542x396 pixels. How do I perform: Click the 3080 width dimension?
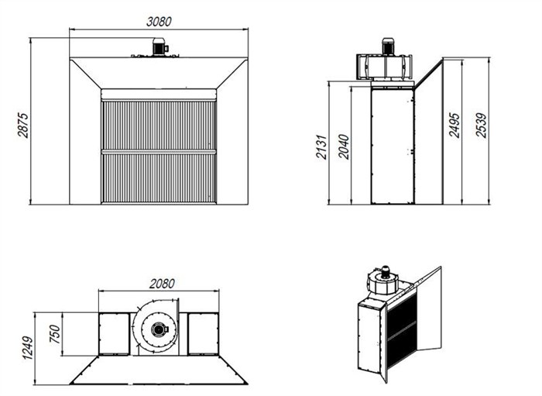pos(159,22)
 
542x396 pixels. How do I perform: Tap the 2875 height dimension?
pos(23,126)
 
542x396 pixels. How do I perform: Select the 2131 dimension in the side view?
pos(321,146)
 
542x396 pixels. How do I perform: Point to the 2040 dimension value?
pos(344,146)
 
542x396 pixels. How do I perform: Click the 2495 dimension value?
pos(455,125)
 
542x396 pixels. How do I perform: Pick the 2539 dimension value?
pos(481,126)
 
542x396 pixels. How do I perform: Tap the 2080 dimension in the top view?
pos(162,284)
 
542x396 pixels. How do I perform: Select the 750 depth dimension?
pos(55,334)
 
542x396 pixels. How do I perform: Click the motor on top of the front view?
pos(160,46)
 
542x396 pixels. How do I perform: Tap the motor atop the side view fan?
pos(388,46)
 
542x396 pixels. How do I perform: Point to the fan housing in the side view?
pos(384,67)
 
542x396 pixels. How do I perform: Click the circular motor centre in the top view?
pos(158,329)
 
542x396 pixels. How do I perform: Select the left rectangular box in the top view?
pos(114,334)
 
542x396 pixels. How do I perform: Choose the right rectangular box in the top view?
pos(203,334)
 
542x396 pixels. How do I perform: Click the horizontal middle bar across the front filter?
pos(159,152)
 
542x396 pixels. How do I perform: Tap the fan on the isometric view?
pos(382,280)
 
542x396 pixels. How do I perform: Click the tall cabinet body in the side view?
pos(393,145)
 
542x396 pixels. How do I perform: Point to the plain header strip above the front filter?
pos(159,95)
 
